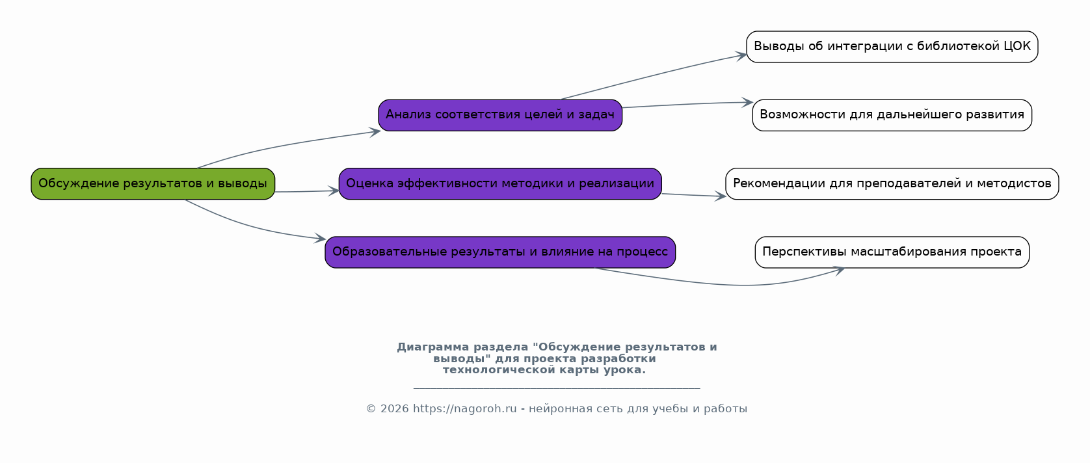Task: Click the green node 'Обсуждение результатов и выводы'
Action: click(153, 183)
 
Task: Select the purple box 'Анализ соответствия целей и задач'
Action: click(500, 115)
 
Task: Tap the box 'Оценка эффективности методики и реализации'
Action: click(500, 183)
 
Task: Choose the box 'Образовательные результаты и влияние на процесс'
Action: click(500, 252)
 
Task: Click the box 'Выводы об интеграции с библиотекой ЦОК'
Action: click(892, 47)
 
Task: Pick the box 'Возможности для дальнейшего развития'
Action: click(892, 115)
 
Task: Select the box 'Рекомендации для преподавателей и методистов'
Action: click(892, 183)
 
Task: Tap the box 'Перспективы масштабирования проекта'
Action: click(892, 252)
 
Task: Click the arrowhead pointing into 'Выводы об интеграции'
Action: click(742, 55)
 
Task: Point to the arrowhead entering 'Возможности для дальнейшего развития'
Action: click(748, 103)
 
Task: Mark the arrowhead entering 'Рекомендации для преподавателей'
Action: click(721, 196)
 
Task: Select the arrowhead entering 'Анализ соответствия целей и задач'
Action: click(375, 132)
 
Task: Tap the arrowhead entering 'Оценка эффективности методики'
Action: click(334, 191)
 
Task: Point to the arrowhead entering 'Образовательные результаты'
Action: click(320, 239)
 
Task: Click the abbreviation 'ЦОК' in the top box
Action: click(1017, 47)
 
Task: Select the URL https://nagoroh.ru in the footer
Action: click(464, 409)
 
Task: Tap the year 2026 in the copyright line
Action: click(394, 409)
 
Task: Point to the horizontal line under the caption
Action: click(557, 388)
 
